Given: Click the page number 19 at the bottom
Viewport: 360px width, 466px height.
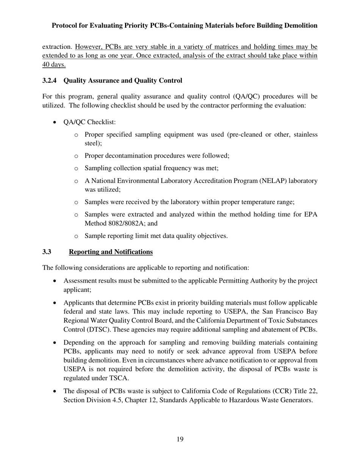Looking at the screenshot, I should (180, 439).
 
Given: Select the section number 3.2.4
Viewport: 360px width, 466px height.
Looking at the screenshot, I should (50, 81).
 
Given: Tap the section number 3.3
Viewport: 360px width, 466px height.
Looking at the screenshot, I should (47, 252).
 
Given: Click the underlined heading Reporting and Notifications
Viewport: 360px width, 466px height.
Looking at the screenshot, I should (111, 252).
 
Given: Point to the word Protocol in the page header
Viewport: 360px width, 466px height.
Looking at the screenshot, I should (65, 25).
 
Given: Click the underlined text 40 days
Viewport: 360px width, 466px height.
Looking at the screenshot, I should (54, 64).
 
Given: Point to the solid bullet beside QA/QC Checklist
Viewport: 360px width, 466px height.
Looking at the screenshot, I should (56, 122).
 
